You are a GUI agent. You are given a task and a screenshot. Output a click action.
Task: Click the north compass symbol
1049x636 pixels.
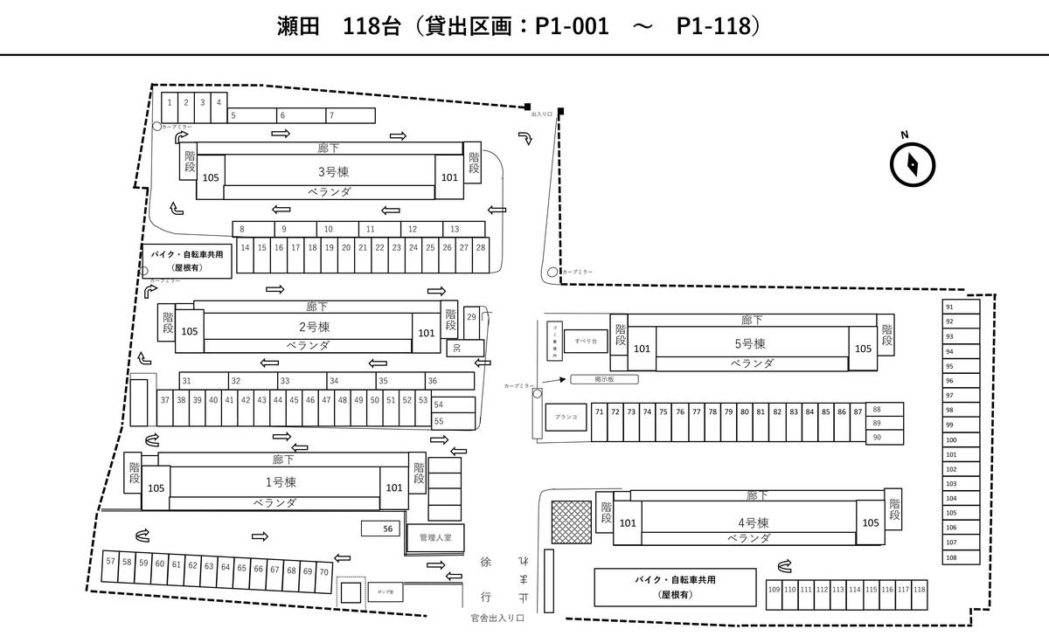(x=913, y=163)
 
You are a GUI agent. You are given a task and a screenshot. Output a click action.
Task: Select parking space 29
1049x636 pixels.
(x=471, y=316)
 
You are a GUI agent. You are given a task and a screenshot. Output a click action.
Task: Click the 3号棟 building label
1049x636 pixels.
(x=329, y=171)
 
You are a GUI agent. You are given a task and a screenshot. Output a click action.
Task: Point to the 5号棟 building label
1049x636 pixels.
(x=750, y=343)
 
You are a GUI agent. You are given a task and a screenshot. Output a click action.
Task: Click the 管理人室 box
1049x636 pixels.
(x=434, y=537)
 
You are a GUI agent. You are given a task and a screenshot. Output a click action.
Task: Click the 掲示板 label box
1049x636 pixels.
(x=604, y=379)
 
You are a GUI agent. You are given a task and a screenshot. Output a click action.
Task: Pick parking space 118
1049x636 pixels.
(x=919, y=590)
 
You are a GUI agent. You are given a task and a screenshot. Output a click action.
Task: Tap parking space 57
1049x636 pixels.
(x=110, y=562)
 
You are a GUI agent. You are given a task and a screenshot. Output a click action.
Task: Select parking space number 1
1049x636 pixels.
(x=169, y=102)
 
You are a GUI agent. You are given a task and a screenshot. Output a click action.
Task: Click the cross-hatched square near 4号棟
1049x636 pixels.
(x=571, y=522)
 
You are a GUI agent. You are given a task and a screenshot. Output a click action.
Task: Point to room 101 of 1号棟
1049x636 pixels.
(x=393, y=487)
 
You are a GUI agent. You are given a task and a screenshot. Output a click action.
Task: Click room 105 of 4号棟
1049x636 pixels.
(x=871, y=522)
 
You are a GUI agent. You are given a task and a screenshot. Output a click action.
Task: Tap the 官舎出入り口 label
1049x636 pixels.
(x=496, y=618)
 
